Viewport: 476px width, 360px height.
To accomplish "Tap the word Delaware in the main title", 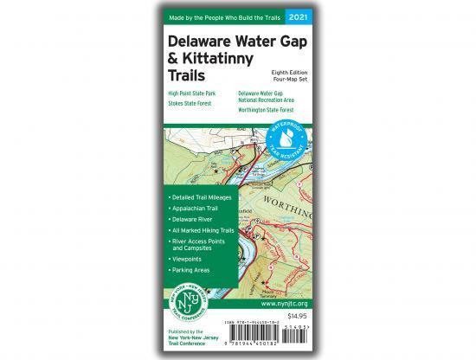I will pyautogui.click(x=201, y=42).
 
